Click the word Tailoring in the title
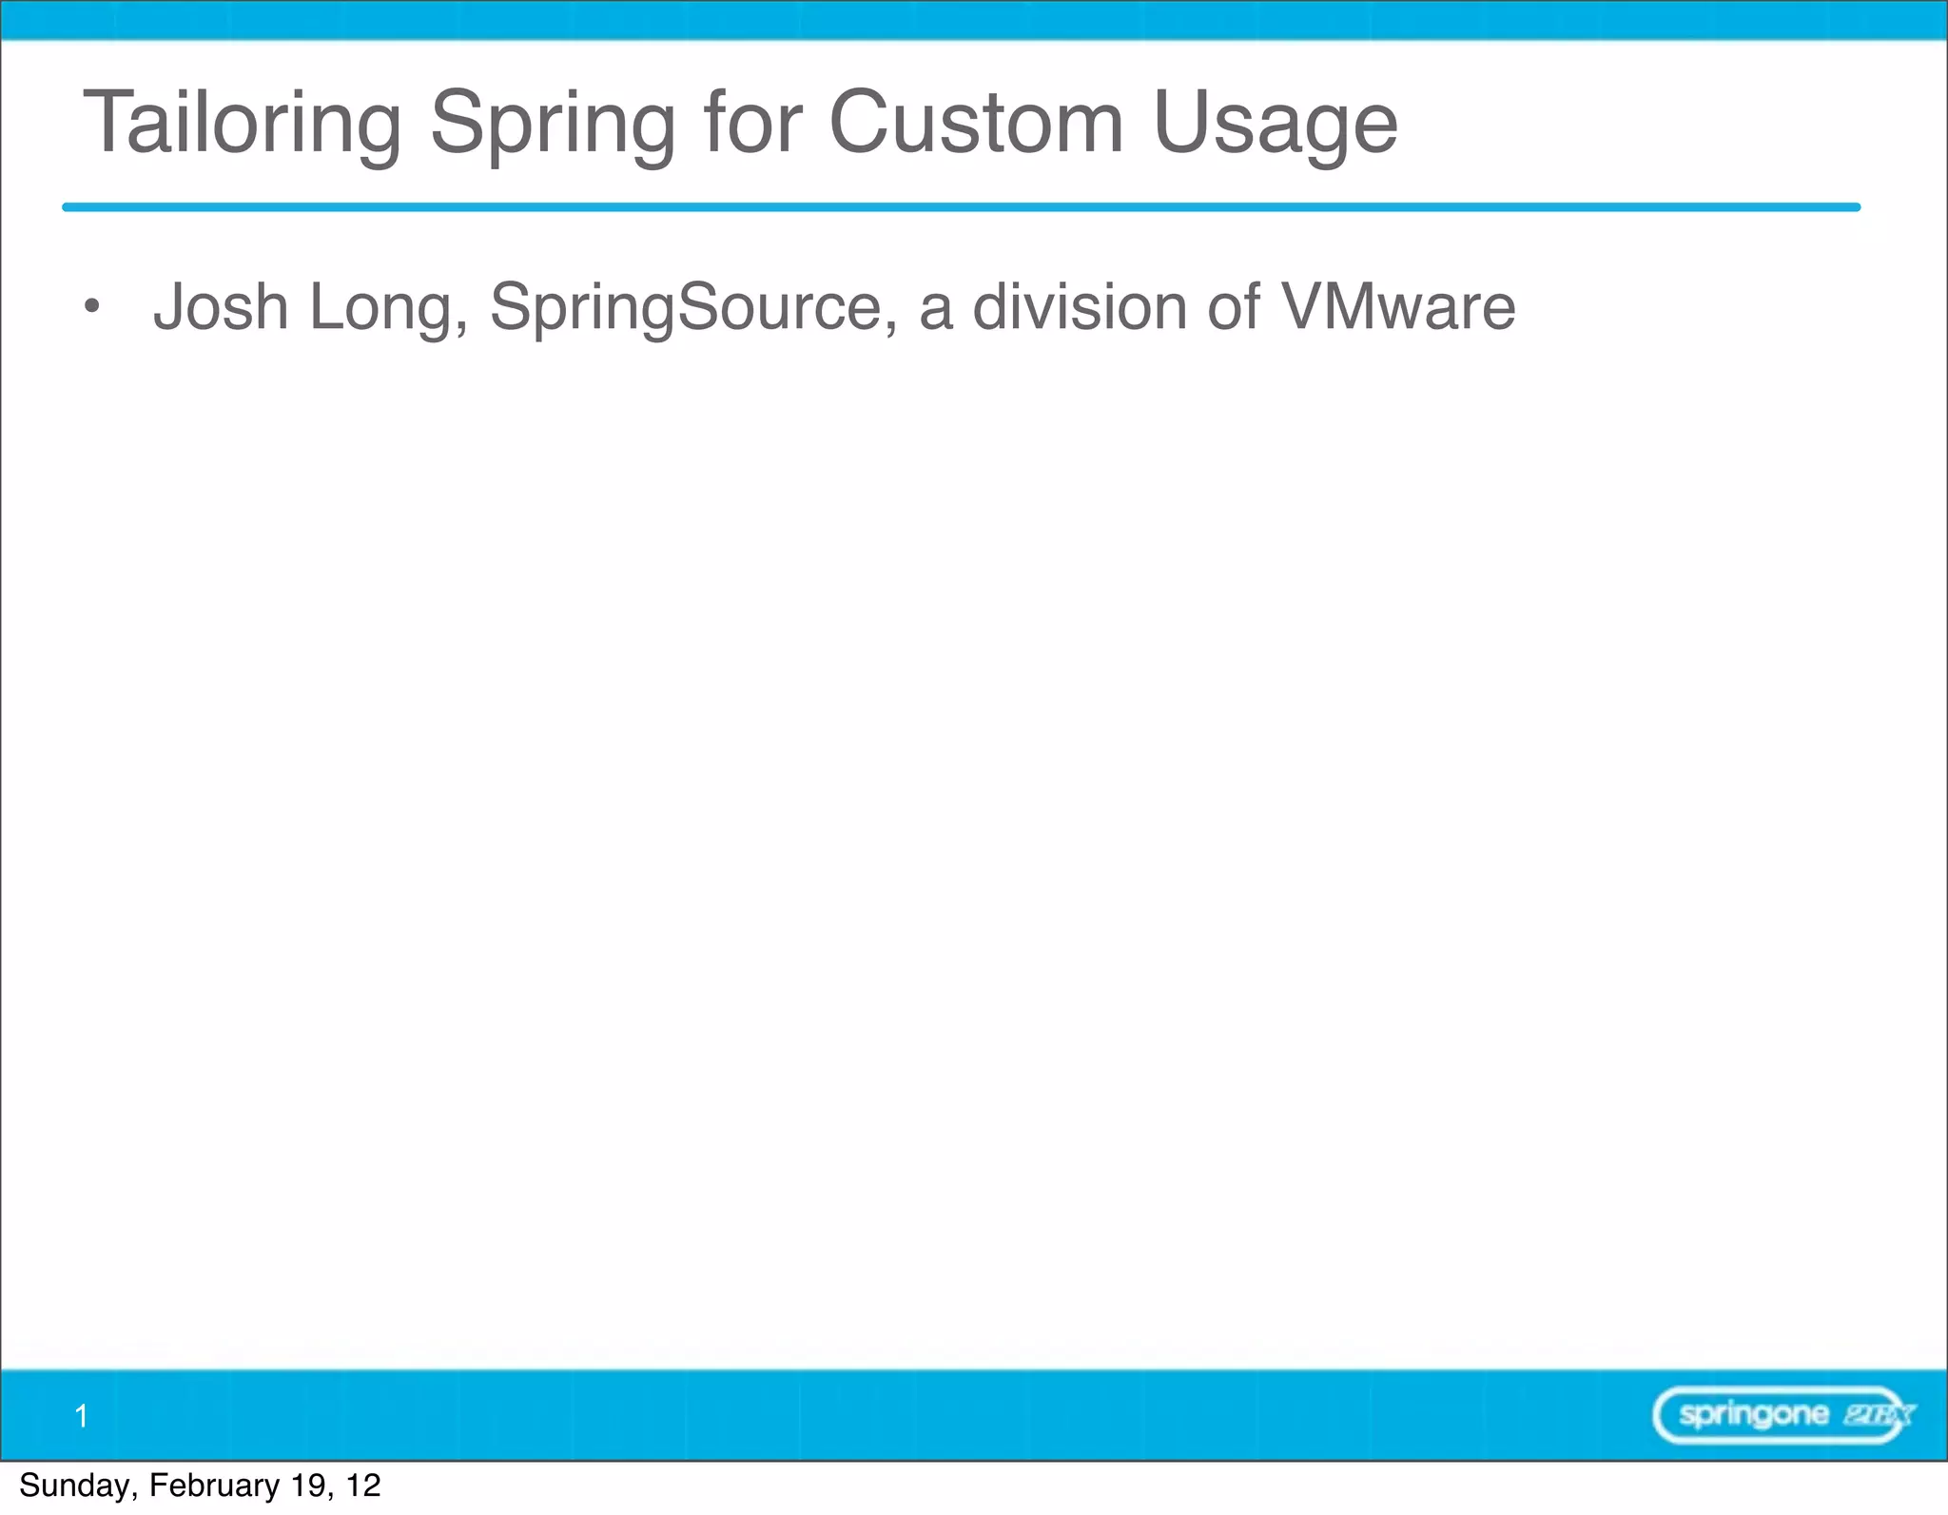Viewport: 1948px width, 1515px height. coord(243,123)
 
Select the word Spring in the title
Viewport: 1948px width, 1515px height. coord(553,125)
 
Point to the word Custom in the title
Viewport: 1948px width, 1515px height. coord(976,123)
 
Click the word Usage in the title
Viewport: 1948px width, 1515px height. coord(1275,125)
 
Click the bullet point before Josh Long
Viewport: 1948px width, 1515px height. coord(91,306)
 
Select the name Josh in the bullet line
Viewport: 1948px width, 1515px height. coord(221,306)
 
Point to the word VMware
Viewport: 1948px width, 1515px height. coord(1398,306)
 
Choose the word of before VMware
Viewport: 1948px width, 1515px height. coord(1234,306)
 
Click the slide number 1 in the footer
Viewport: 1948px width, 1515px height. coord(82,1416)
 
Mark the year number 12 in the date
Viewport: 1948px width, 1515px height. coord(363,1486)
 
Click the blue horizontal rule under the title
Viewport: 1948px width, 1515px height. coord(961,206)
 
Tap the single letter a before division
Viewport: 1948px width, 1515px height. coord(936,308)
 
